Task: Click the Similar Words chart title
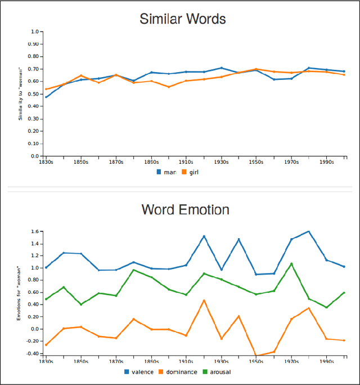point(182,19)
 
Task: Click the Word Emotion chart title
point(185,210)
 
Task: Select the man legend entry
point(166,172)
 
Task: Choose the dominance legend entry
point(178,371)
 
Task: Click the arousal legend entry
point(216,371)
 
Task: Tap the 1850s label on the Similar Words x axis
point(80,162)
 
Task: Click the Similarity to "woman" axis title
point(21,93)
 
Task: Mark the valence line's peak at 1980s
point(309,231)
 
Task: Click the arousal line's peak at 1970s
point(291,263)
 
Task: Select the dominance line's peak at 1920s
point(204,300)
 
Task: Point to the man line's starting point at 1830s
point(46,97)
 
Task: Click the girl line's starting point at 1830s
point(46,89)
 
